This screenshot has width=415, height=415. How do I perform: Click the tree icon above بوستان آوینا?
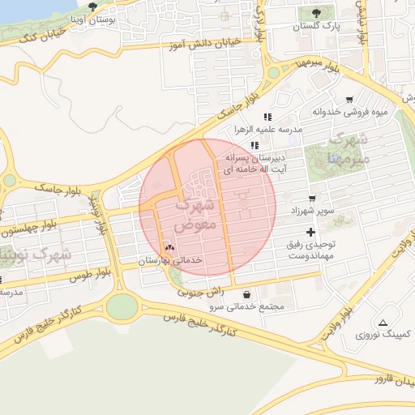[92, 6]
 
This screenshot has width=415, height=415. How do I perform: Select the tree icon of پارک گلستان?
[315, 13]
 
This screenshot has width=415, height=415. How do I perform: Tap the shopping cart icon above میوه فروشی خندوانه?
[349, 100]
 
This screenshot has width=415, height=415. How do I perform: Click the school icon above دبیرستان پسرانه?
[255, 145]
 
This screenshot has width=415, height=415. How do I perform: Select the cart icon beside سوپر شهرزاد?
[313, 198]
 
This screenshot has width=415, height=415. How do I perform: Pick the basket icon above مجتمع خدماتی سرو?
[246, 294]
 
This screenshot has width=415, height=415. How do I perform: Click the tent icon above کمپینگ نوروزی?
[383, 322]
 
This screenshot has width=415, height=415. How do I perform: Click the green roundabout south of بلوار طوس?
[122, 306]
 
